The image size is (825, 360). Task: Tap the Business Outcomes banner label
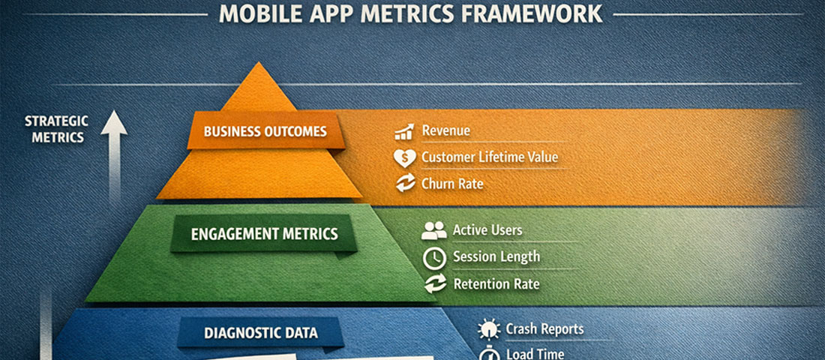coord(265,131)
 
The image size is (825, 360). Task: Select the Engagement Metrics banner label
coord(264,233)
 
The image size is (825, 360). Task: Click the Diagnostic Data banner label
coord(261,332)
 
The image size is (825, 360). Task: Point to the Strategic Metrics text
coord(56,128)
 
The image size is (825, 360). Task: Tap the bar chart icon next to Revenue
coord(405,132)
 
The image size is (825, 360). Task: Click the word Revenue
coord(445,131)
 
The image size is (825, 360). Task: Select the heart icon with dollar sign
coord(405,157)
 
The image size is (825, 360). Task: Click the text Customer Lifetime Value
coord(489,157)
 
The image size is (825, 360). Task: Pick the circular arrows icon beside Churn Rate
coord(405,183)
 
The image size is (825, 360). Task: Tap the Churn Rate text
coord(452,183)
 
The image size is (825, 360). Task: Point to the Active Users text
coord(487,230)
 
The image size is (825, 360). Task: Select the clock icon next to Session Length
coord(434,257)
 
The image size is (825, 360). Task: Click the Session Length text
coord(496,257)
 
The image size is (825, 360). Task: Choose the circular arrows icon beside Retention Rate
coord(434,284)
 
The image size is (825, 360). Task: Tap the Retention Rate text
coord(496,284)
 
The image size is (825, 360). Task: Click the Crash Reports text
coord(544,329)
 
